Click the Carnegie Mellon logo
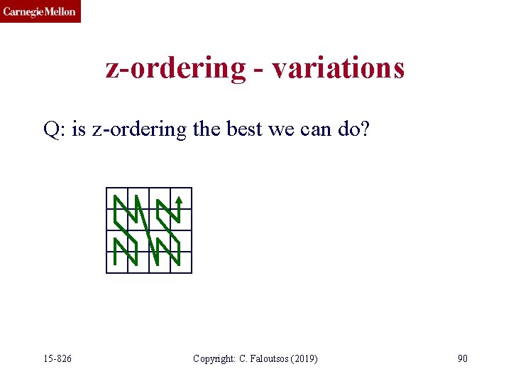click(40, 11)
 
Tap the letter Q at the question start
click(51, 130)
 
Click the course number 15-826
click(57, 358)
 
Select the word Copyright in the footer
click(214, 358)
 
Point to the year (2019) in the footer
click(304, 358)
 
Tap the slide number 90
click(462, 358)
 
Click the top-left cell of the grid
click(117, 198)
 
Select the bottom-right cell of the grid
click(181, 262)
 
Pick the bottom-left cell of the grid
click(117, 262)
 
